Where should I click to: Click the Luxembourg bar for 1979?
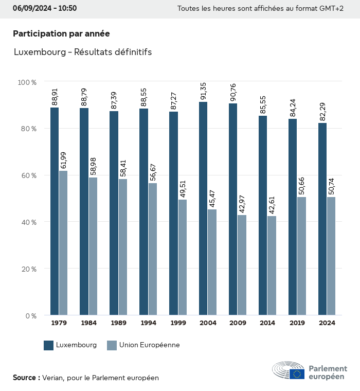point(55,211)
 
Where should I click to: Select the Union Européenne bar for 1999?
point(183,257)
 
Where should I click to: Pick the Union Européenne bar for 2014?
point(272,265)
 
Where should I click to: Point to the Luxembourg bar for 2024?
point(322,219)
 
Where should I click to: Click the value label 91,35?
point(203,90)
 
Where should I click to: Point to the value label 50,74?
point(331,185)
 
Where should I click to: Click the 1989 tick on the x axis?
point(118,323)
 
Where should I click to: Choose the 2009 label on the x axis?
point(238,323)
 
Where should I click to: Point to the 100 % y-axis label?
point(27,82)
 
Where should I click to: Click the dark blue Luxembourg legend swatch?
point(49,345)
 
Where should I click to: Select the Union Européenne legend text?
point(149,345)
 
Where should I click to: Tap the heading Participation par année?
point(61,33)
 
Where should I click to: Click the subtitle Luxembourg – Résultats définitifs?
point(82,52)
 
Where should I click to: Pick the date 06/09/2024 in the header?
point(30,8)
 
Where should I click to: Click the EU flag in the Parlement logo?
point(297,374)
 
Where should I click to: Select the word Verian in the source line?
point(53,378)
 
